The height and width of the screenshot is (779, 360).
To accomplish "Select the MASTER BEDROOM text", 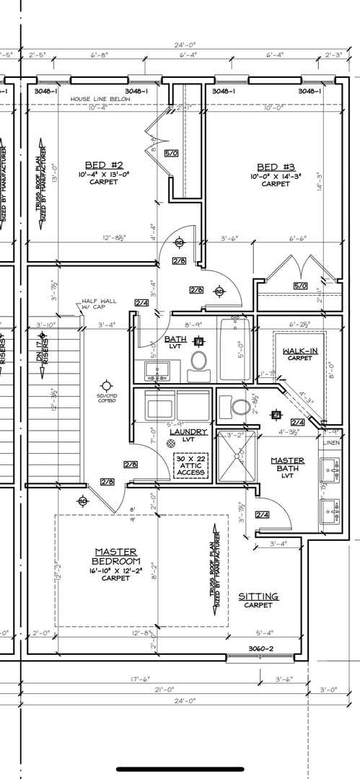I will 115,556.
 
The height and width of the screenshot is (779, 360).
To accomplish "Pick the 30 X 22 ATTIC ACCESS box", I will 192,466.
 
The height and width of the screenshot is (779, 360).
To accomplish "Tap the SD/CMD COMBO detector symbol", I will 107,386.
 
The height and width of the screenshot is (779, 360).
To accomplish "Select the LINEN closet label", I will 330,442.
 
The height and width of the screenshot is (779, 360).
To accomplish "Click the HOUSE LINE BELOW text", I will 98,100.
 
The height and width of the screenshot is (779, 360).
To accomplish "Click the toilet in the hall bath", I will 199,361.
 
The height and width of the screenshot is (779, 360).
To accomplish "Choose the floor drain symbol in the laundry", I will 171,443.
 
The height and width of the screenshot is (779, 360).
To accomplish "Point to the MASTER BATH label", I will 287,465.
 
